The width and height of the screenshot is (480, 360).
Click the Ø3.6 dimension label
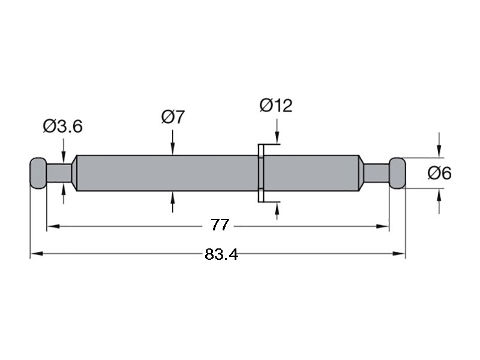[x=63, y=126]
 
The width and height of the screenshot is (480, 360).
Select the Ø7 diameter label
[x=173, y=116]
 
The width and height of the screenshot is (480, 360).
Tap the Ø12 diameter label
[x=276, y=106]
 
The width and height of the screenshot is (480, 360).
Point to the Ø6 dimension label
[x=439, y=173]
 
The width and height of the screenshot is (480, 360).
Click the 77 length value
[x=220, y=225]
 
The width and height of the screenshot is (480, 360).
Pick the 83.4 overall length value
[x=221, y=254]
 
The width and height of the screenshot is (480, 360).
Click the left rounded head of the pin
[x=38, y=173]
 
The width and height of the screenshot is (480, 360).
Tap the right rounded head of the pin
[x=397, y=173]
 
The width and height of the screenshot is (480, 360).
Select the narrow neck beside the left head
[x=59, y=173]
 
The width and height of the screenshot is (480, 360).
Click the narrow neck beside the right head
[x=376, y=173]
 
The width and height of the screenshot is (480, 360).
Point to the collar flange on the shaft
[x=261, y=173]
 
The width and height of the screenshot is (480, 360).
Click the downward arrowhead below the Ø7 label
[x=173, y=151]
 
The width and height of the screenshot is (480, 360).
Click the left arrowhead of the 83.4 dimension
[x=36, y=253]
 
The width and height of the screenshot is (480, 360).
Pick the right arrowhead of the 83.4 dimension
[x=399, y=253]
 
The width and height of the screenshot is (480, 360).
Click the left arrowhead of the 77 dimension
[x=53, y=227]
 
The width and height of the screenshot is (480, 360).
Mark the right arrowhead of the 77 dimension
[x=383, y=227]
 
